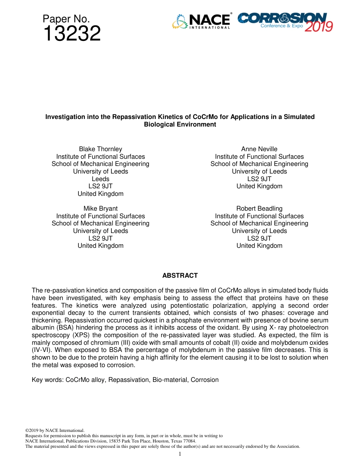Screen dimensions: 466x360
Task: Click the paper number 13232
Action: click(72, 34)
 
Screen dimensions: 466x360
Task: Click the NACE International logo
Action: click(201, 21)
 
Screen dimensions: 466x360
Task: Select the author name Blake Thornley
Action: click(100, 149)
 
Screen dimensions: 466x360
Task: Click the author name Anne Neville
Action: click(259, 149)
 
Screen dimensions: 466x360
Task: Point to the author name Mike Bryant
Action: click(100, 208)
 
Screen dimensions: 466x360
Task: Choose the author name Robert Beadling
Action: click(259, 208)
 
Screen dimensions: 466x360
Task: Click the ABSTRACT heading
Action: click(180, 275)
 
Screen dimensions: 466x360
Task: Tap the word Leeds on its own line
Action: click(100, 179)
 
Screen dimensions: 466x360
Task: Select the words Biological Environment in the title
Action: click(180, 124)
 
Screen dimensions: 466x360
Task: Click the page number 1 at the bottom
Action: click(180, 454)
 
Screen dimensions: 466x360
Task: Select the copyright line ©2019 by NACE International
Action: click(55, 430)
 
